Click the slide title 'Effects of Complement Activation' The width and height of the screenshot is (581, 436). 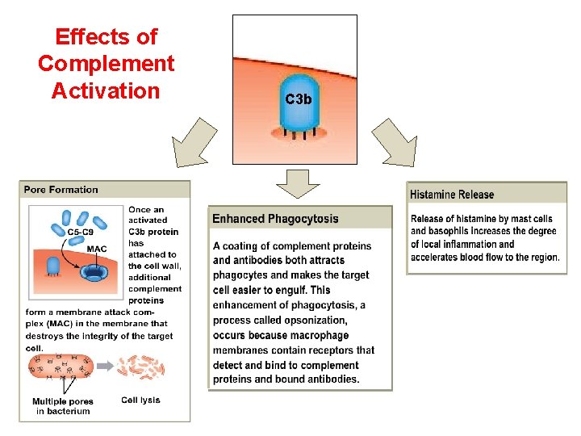[106, 63]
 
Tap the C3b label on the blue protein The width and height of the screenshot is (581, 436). [298, 99]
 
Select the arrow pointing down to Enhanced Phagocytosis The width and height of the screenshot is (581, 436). [299, 183]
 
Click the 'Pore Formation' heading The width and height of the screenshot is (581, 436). [61, 191]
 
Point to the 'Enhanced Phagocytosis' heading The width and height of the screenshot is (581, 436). [275, 219]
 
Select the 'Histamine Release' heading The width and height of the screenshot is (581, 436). [452, 195]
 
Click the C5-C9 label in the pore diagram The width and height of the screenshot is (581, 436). [79, 232]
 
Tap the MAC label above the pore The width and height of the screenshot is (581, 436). [97, 249]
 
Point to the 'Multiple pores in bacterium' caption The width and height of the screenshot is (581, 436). [63, 406]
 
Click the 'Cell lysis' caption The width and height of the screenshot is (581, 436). [140, 400]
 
